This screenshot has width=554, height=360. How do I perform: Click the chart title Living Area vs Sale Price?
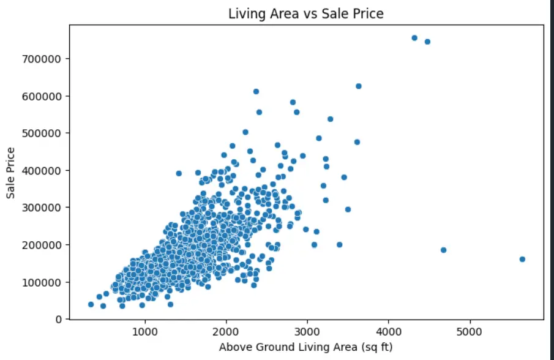coord(305,13)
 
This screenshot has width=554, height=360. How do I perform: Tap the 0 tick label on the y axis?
coord(58,319)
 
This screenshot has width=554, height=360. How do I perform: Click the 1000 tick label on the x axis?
coord(144,332)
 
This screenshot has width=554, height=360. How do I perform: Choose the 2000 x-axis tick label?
coord(226,332)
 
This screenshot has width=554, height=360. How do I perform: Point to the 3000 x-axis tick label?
coord(307,332)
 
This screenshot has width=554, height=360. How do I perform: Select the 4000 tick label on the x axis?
coord(389,332)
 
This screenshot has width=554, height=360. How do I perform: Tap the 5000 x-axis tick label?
coord(470,332)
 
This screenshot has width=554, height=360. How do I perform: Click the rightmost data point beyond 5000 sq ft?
coord(522,259)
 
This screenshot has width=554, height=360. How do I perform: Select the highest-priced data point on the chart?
coord(414,38)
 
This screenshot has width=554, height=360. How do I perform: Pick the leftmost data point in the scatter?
coord(91,304)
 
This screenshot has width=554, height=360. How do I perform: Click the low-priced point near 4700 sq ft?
coord(443,250)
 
